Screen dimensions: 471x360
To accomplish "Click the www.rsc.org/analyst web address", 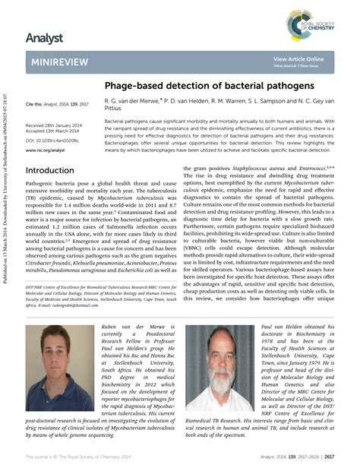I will (46, 150).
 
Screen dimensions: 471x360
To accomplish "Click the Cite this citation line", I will (56, 103).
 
